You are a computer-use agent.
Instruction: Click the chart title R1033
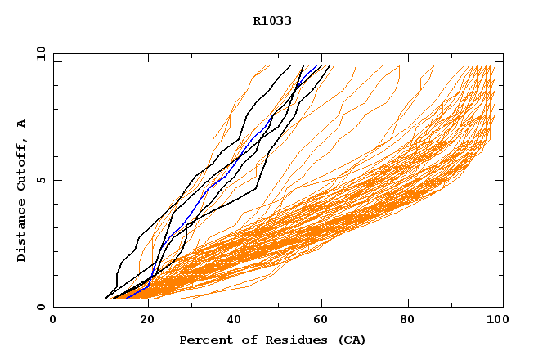pos(272,21)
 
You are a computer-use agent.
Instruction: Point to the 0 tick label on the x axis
pos(53,320)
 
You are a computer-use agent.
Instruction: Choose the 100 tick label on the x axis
pos(495,320)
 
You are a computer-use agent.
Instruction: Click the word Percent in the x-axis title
pos(204,340)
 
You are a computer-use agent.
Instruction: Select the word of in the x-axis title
pos(241,340)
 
